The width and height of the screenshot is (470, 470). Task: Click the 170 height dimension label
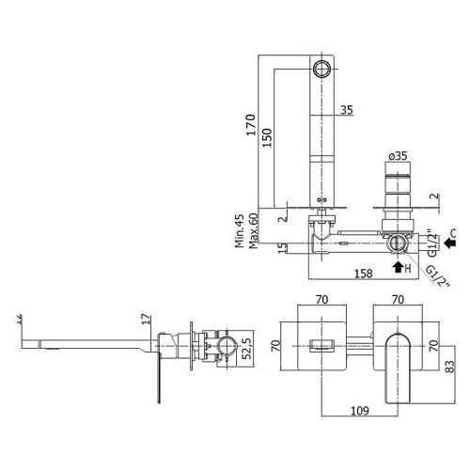pos(251,125)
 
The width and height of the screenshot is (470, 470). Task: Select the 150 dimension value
pos(267,138)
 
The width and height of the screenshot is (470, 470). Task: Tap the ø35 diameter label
pos(398,156)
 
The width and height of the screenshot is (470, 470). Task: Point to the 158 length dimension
pos(364,274)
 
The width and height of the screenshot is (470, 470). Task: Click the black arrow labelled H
pos(398,267)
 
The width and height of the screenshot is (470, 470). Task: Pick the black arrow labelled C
pos(450,242)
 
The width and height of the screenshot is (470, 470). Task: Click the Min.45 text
pos(240,231)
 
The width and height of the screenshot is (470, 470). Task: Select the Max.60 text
pos(253,231)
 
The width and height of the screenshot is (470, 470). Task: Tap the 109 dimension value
pos(360,410)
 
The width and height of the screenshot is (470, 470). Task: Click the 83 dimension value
pos(449,367)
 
